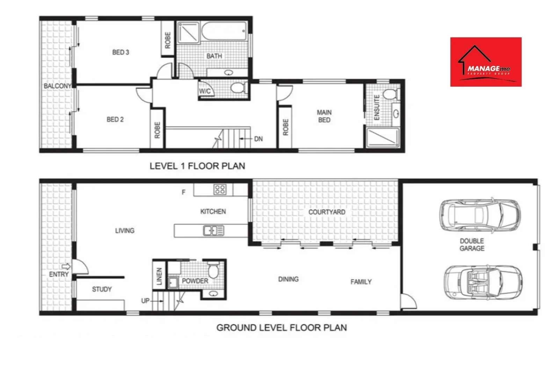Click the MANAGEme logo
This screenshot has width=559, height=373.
[486, 62]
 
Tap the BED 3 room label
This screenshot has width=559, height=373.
[121, 52]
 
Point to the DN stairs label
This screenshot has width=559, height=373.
[258, 139]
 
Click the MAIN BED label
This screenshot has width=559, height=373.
[324, 116]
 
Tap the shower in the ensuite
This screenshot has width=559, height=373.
[383, 137]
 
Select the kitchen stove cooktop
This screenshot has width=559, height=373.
[220, 190]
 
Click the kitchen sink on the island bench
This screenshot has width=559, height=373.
[213, 231]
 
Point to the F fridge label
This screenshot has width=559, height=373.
[183, 192]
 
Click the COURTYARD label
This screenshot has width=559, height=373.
[327, 212]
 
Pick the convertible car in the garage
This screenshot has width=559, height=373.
[483, 281]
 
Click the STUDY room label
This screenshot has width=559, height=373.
[102, 289]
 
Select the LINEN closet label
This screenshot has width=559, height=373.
[159, 276]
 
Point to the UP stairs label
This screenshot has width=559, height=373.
[145, 301]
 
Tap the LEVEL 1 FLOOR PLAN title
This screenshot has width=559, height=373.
[197, 166]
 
